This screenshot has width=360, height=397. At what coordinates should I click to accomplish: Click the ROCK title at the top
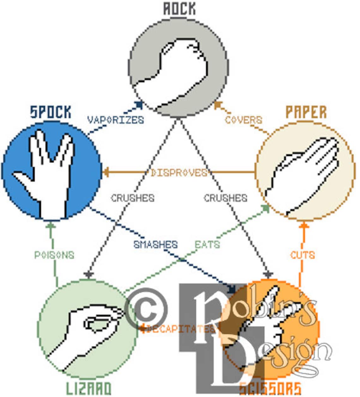[x=179, y=9]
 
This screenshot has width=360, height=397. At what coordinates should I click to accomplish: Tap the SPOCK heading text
[x=51, y=112]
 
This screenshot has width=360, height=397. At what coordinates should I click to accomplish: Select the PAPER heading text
[x=306, y=112]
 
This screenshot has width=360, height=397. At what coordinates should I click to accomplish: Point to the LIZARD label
[x=88, y=388]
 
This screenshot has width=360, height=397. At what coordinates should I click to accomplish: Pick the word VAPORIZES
[x=115, y=120]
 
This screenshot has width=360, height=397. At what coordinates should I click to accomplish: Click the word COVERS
[x=243, y=120]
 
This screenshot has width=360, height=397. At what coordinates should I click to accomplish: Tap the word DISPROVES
[x=179, y=173]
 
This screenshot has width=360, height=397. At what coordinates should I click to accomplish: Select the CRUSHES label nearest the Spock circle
[x=133, y=198]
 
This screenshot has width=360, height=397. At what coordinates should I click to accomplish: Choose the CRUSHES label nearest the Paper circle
[x=225, y=198]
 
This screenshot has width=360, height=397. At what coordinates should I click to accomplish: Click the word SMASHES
[x=155, y=245]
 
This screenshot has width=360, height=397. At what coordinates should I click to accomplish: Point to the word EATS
[x=207, y=245]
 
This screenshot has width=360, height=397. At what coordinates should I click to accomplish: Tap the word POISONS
[x=54, y=255]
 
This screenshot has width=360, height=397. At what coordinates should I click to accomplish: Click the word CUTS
[x=303, y=255]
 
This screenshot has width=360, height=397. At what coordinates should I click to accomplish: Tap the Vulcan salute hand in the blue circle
[x=47, y=177]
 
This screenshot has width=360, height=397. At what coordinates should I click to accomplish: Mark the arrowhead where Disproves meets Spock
[x=106, y=172]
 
